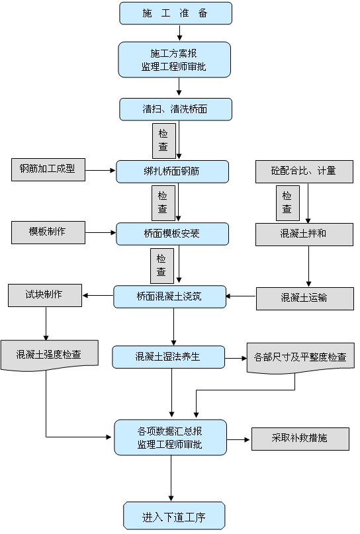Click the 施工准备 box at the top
click(x=175, y=13)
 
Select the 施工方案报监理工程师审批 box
click(x=175, y=60)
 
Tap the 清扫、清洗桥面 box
click(x=175, y=109)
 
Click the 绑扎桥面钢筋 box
click(x=172, y=171)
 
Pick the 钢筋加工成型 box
click(x=48, y=169)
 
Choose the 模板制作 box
click(x=48, y=232)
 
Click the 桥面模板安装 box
click(x=172, y=234)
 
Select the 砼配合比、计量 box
click(x=304, y=171)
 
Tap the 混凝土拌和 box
click(x=304, y=234)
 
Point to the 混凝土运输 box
click(x=304, y=298)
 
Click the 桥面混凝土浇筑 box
click(x=170, y=296)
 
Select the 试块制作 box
click(x=45, y=294)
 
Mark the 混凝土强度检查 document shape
click(x=50, y=355)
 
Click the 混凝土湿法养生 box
click(x=168, y=357)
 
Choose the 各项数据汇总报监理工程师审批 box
click(x=170, y=437)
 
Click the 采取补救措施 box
click(x=300, y=439)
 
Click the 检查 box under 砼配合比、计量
click(x=287, y=202)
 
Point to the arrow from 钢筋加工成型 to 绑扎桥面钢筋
click(x=100, y=170)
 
